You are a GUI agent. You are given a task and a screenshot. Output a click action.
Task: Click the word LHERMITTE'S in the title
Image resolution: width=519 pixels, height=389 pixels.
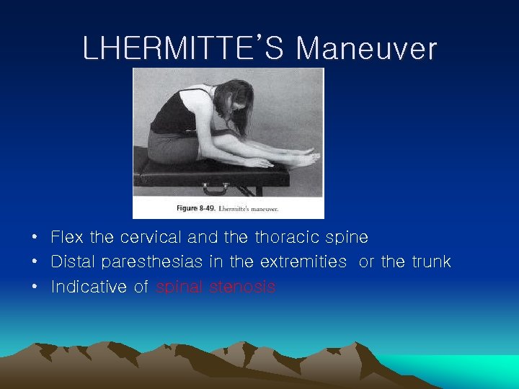pyautogui.click(x=185, y=49)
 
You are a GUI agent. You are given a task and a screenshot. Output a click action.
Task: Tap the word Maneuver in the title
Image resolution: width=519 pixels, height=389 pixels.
pyautogui.click(x=366, y=49)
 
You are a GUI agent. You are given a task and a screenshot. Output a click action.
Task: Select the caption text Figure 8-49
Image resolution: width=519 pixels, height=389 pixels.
pyautogui.click(x=196, y=208)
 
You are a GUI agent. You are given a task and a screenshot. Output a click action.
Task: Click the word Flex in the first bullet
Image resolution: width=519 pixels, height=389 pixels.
pyautogui.click(x=67, y=237)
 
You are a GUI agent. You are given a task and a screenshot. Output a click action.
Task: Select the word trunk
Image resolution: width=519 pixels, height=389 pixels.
pyautogui.click(x=430, y=261)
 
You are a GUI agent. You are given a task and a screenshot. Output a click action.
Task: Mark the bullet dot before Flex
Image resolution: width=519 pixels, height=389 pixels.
pyautogui.click(x=35, y=238)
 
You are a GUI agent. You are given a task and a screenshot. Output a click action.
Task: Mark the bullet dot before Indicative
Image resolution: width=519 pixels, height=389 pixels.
pyautogui.click(x=35, y=287)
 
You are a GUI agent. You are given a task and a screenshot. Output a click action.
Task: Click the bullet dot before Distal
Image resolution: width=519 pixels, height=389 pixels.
pyautogui.click(x=35, y=262)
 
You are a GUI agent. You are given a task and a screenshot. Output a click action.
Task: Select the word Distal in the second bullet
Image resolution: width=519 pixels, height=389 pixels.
pyautogui.click(x=74, y=261)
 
